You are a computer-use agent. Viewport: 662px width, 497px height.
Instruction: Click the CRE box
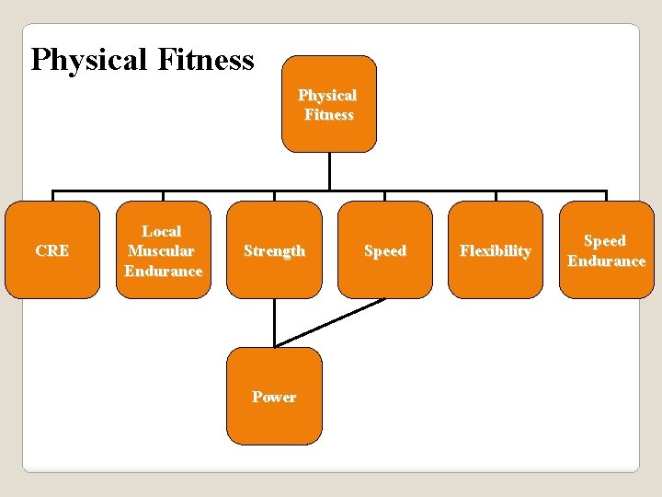52,250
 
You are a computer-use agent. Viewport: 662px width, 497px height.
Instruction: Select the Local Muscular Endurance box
163,250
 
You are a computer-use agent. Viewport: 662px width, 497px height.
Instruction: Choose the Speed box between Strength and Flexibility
385,250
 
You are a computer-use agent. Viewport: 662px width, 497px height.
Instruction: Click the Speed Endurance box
606,250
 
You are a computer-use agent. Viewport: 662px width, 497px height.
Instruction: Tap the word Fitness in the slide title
206,61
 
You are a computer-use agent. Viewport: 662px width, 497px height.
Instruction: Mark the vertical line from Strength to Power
274,322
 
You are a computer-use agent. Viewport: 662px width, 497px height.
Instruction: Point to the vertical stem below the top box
329,172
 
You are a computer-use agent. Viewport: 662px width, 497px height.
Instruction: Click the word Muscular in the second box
162,251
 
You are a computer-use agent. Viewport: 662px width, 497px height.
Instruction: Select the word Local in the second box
162,231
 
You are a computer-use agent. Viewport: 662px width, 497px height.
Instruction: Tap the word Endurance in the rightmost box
606,261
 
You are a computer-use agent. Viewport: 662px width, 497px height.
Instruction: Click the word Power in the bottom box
274,398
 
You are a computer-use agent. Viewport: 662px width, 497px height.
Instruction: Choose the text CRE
51,251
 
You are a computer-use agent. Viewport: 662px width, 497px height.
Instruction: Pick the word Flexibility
496,251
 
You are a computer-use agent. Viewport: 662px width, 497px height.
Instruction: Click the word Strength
274,251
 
